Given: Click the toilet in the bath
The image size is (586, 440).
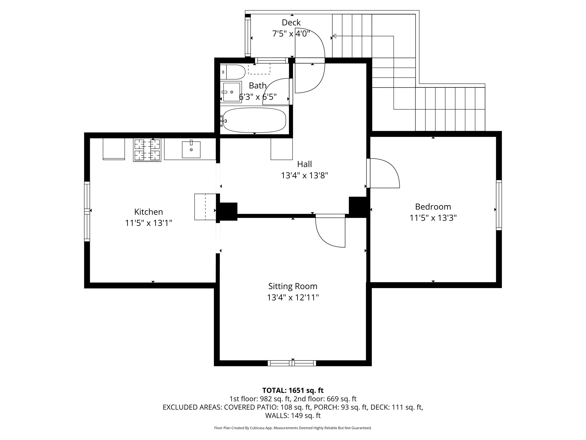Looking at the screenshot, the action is pos(233,72).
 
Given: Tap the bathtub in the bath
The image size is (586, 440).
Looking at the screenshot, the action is pos(254,120).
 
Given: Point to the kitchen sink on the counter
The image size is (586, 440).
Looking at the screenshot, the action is pos(191,150).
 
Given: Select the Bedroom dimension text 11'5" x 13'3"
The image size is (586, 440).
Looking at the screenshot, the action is pos(433,218).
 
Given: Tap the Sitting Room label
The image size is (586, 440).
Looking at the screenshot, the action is pos(293,286).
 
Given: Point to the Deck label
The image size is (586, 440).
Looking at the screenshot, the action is pos(291,22).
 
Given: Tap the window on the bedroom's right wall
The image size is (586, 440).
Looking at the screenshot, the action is pos(499,205).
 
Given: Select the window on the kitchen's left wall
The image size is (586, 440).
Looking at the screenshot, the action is pos(87,211).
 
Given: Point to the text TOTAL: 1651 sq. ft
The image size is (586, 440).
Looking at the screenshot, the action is pos(293,390).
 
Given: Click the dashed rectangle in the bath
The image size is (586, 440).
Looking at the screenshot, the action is pos(259,69).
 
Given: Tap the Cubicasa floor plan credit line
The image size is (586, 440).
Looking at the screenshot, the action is pos(293,428).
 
